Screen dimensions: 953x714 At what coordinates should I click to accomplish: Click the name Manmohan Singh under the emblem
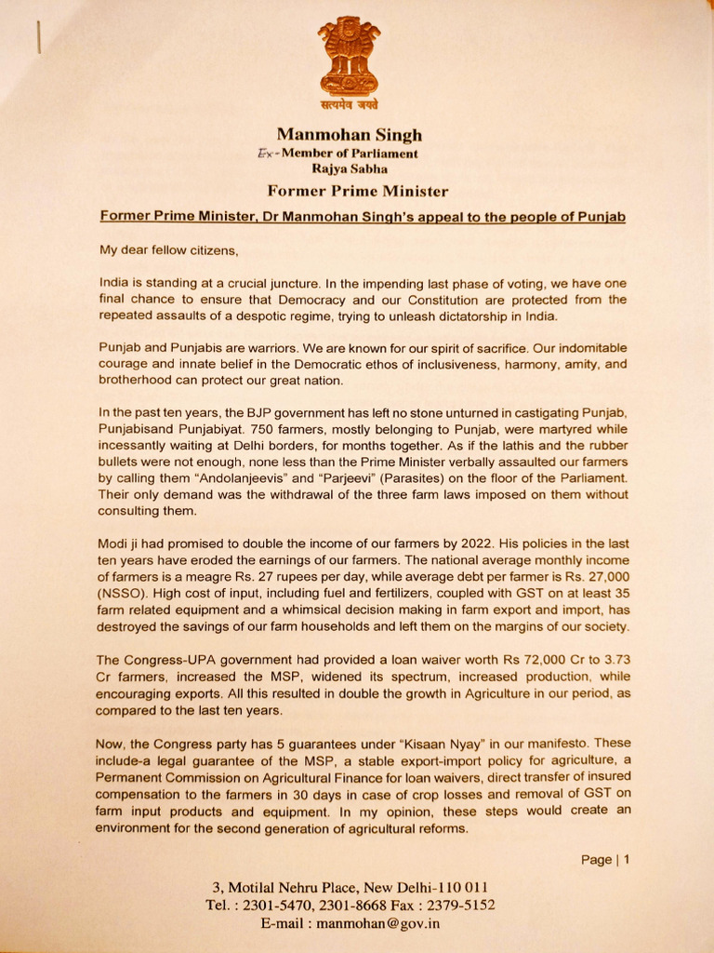point(356,135)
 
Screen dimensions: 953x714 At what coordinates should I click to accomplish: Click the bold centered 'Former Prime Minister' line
point(357,192)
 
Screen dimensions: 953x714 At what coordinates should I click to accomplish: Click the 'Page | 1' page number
point(604,860)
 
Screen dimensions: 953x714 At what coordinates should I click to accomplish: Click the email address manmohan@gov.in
point(377,923)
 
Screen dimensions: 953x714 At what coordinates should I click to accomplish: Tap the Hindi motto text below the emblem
point(349,105)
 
